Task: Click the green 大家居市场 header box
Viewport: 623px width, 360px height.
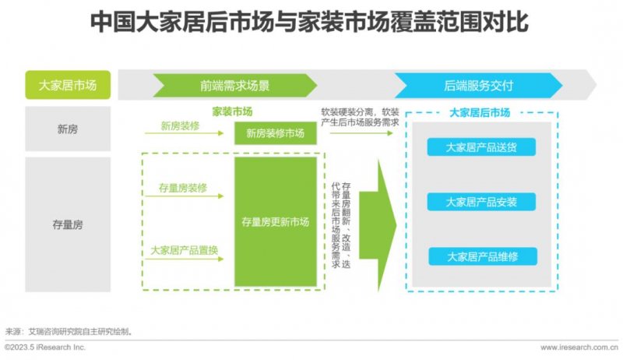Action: coord(68,85)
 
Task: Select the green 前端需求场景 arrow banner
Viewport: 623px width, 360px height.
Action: coord(235,86)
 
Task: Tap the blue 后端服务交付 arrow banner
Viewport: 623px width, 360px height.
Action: coord(478,86)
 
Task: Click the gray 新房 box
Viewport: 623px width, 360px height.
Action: coord(68,129)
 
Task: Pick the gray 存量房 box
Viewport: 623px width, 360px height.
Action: coord(68,224)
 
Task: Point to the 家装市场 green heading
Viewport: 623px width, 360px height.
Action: coord(232,111)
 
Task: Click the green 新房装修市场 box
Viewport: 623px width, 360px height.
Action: coord(276,133)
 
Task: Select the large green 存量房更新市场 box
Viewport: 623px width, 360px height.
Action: coord(276,222)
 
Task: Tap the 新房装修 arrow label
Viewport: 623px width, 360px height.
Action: coord(180,126)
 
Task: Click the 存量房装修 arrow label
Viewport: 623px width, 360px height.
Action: coord(183,188)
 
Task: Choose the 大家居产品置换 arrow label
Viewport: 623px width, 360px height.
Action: coord(185,250)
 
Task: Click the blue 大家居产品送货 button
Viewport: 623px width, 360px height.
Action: coord(481,147)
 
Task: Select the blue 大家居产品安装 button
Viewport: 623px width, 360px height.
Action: coord(481,202)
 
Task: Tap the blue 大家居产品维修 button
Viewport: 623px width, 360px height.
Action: coord(483,256)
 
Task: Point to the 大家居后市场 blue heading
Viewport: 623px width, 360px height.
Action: coord(480,113)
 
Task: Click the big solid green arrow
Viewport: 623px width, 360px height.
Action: coord(378,225)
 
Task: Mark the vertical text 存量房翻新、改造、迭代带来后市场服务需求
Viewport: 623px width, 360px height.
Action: coord(341,225)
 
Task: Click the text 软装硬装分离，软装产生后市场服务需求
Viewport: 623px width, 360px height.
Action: coord(360,117)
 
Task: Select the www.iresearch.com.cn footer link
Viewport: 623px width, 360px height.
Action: coord(579,348)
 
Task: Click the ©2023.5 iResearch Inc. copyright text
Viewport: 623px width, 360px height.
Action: coord(45,348)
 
